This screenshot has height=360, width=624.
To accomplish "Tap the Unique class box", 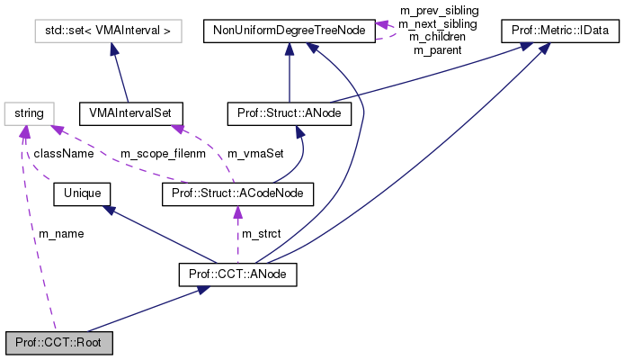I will [83, 192].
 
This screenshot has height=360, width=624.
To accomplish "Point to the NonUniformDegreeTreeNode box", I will [289, 31].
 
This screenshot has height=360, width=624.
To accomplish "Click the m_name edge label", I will [60, 233].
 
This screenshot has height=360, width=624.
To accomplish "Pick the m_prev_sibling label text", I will [439, 10].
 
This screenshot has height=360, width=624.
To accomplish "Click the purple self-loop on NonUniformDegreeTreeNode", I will [388, 30].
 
